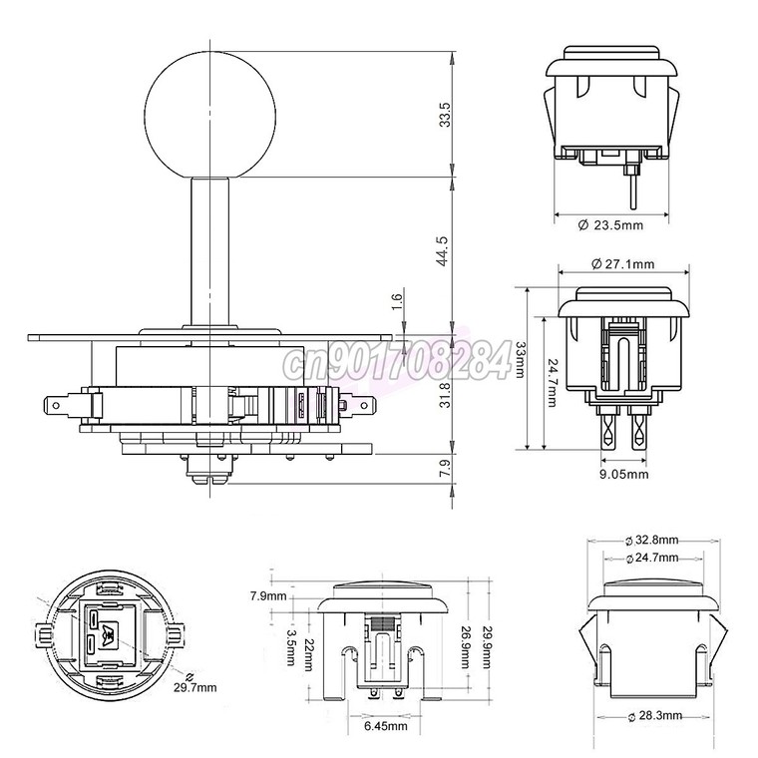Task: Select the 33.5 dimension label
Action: [x=445, y=115]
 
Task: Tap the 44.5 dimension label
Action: [x=442, y=251]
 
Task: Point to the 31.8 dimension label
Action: [x=445, y=395]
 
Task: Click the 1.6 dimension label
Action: [x=397, y=302]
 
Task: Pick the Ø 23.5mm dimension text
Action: [x=610, y=225]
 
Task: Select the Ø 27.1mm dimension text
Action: [x=623, y=264]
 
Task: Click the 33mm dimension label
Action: [x=521, y=360]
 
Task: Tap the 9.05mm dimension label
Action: [x=624, y=474]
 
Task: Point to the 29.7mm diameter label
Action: [x=195, y=687]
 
